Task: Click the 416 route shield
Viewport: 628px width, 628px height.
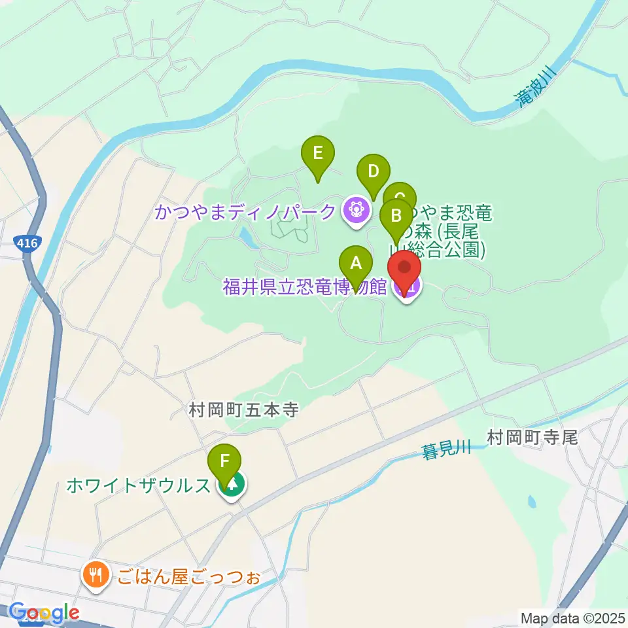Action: (x=27, y=244)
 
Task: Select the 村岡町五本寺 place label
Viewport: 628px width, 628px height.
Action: (x=243, y=410)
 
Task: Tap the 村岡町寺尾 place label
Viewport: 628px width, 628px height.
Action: (x=532, y=438)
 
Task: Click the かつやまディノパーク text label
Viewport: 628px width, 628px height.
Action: (x=246, y=212)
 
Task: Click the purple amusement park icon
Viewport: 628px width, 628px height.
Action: (x=356, y=211)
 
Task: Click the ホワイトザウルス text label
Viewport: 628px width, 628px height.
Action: (x=138, y=485)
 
